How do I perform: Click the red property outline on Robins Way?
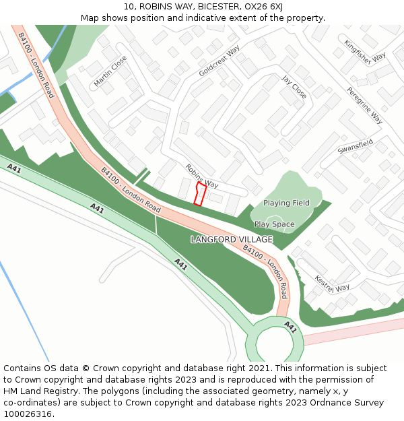coord(199,194)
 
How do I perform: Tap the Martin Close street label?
coord(110,71)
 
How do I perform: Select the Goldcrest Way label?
coord(220,61)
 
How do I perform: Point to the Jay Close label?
coord(294,87)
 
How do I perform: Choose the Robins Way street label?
coord(202,176)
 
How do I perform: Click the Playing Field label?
coord(286,203)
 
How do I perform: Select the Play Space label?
coord(274,224)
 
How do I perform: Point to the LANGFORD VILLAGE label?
coord(232,240)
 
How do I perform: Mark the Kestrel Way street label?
coord(332,283)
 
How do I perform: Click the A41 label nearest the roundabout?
coord(290,327)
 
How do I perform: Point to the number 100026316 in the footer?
coord(29,414)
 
